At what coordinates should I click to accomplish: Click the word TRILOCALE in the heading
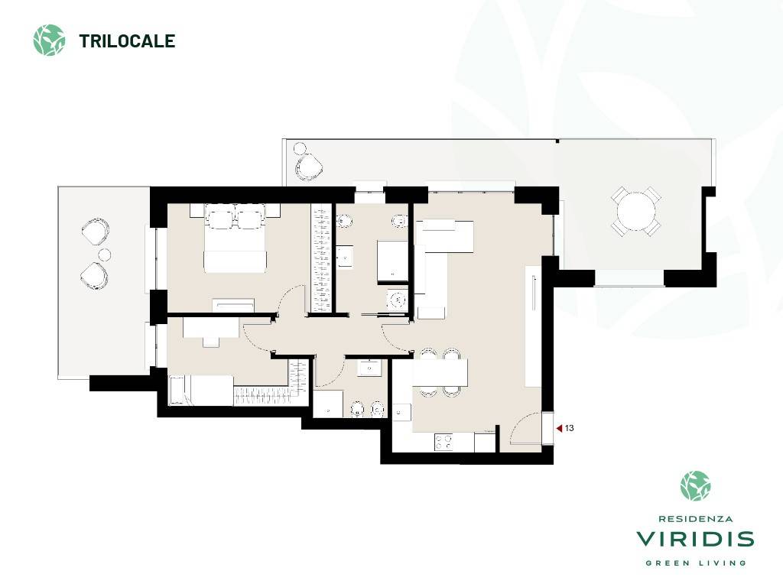click(x=127, y=41)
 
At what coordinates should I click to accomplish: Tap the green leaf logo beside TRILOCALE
click(x=49, y=40)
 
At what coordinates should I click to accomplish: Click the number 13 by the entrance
click(x=569, y=428)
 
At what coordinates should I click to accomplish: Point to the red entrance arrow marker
click(x=559, y=428)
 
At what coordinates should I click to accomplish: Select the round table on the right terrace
click(x=636, y=211)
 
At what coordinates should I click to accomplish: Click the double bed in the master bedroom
click(x=235, y=238)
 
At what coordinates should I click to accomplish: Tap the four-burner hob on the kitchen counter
click(x=444, y=442)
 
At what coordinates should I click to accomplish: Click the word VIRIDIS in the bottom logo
click(x=695, y=539)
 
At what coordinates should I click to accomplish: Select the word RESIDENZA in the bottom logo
click(x=695, y=519)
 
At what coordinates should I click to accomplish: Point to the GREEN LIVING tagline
click(x=696, y=563)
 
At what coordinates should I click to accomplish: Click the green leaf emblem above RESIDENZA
click(x=696, y=485)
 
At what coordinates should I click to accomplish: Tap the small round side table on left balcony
click(x=104, y=255)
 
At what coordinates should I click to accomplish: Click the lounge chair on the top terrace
click(x=308, y=166)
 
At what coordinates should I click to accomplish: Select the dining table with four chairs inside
click(x=440, y=372)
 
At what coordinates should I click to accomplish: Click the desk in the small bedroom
click(x=211, y=329)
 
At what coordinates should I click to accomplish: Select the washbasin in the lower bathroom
click(x=369, y=368)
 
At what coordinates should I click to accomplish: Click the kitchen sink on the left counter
click(x=401, y=412)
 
